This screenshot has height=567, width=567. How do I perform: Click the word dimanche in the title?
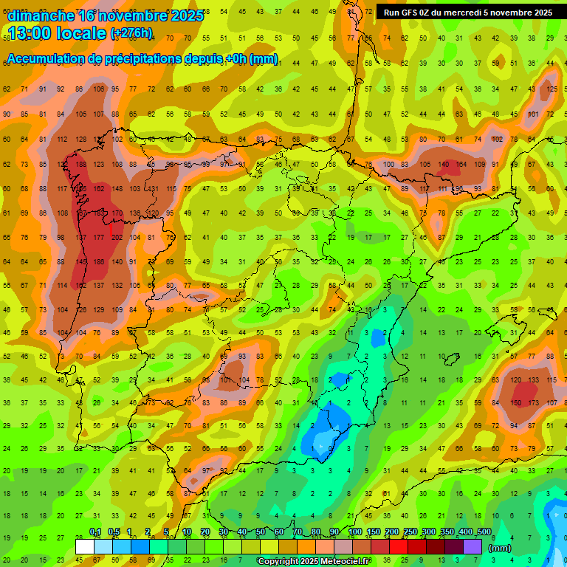click(x=41, y=16)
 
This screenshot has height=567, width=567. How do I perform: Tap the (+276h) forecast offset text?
click(x=131, y=32)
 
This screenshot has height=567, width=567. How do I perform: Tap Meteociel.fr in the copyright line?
click(x=342, y=562)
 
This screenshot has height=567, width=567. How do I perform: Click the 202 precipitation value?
click(x=117, y=238)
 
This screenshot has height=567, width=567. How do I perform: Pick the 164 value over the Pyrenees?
click(x=461, y=164)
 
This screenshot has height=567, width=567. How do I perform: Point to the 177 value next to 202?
click(x=100, y=238)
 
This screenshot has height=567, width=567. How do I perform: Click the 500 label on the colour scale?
click(x=484, y=532)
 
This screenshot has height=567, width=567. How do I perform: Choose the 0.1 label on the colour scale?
click(x=94, y=532)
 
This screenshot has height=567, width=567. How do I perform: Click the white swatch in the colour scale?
click(x=85, y=546)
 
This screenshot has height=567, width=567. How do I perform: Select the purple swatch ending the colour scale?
click(x=472, y=546)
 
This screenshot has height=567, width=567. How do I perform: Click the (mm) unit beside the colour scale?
click(x=500, y=548)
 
